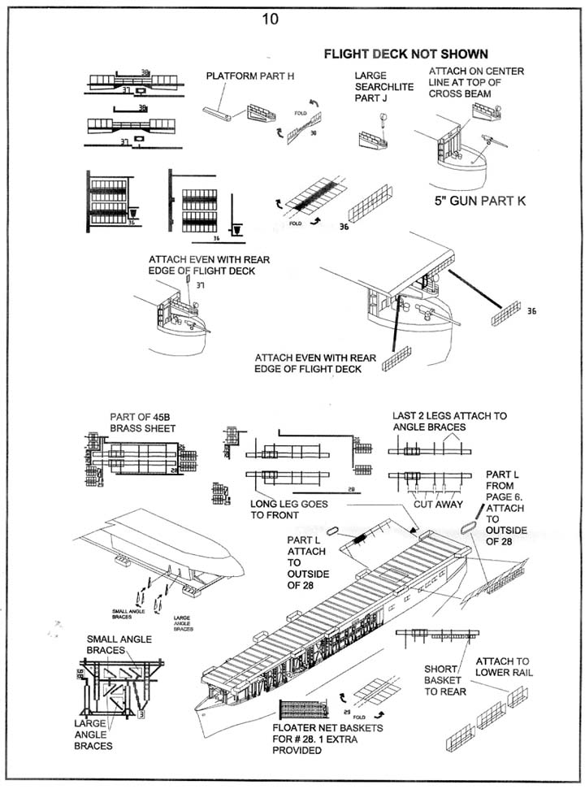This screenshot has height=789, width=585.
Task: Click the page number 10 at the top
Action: pyautogui.click(x=270, y=19)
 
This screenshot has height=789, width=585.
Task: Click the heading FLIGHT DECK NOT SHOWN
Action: pyautogui.click(x=405, y=54)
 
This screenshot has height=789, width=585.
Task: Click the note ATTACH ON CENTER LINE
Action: pyautogui.click(x=477, y=83)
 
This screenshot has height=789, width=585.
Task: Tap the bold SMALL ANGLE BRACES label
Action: pyautogui.click(x=118, y=644)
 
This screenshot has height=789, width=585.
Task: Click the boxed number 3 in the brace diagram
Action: pyautogui.click(x=141, y=714)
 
